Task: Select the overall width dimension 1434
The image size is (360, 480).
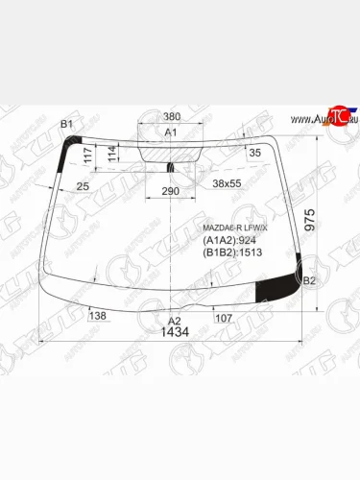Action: pyautogui.click(x=175, y=332)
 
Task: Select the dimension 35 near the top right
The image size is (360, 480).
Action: pyautogui.click(x=254, y=153)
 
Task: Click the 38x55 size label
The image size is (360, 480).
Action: pyautogui.click(x=228, y=182)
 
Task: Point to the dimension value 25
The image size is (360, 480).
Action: pyautogui.click(x=84, y=184)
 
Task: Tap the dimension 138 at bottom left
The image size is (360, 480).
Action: pyautogui.click(x=97, y=315)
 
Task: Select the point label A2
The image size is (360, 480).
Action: pyautogui.click(x=174, y=320)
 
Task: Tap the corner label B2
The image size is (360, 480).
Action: pyautogui.click(x=308, y=281)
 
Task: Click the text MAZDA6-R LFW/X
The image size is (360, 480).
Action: pyautogui.click(x=236, y=228)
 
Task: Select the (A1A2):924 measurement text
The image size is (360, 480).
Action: pyautogui.click(x=228, y=241)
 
